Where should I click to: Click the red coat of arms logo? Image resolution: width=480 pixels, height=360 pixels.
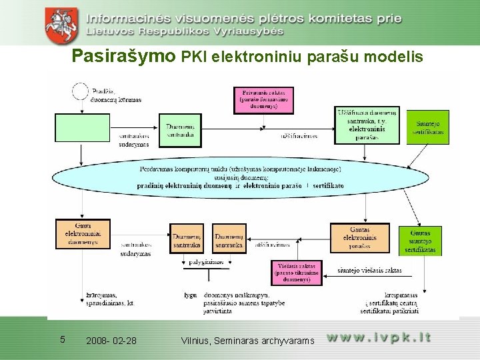(x=61, y=23)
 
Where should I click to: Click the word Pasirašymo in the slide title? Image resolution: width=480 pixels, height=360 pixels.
(x=123, y=57)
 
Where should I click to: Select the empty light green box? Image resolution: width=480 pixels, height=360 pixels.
(x=82, y=127)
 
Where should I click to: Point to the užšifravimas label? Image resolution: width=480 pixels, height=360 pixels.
(x=299, y=136)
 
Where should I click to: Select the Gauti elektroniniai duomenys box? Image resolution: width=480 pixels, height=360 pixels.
(x=83, y=234)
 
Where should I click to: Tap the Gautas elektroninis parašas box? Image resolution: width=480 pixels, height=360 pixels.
(x=359, y=238)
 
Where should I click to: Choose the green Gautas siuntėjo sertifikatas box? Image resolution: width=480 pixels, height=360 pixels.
(x=421, y=241)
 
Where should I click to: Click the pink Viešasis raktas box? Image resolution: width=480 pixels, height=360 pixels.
(x=296, y=272)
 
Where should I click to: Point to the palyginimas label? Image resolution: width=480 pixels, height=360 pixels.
(x=205, y=262)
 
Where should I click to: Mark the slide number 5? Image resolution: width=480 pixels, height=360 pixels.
(x=62, y=339)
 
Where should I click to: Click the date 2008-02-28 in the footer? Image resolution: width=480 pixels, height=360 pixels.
(x=111, y=341)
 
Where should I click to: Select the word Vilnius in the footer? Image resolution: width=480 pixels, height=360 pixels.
(x=195, y=341)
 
